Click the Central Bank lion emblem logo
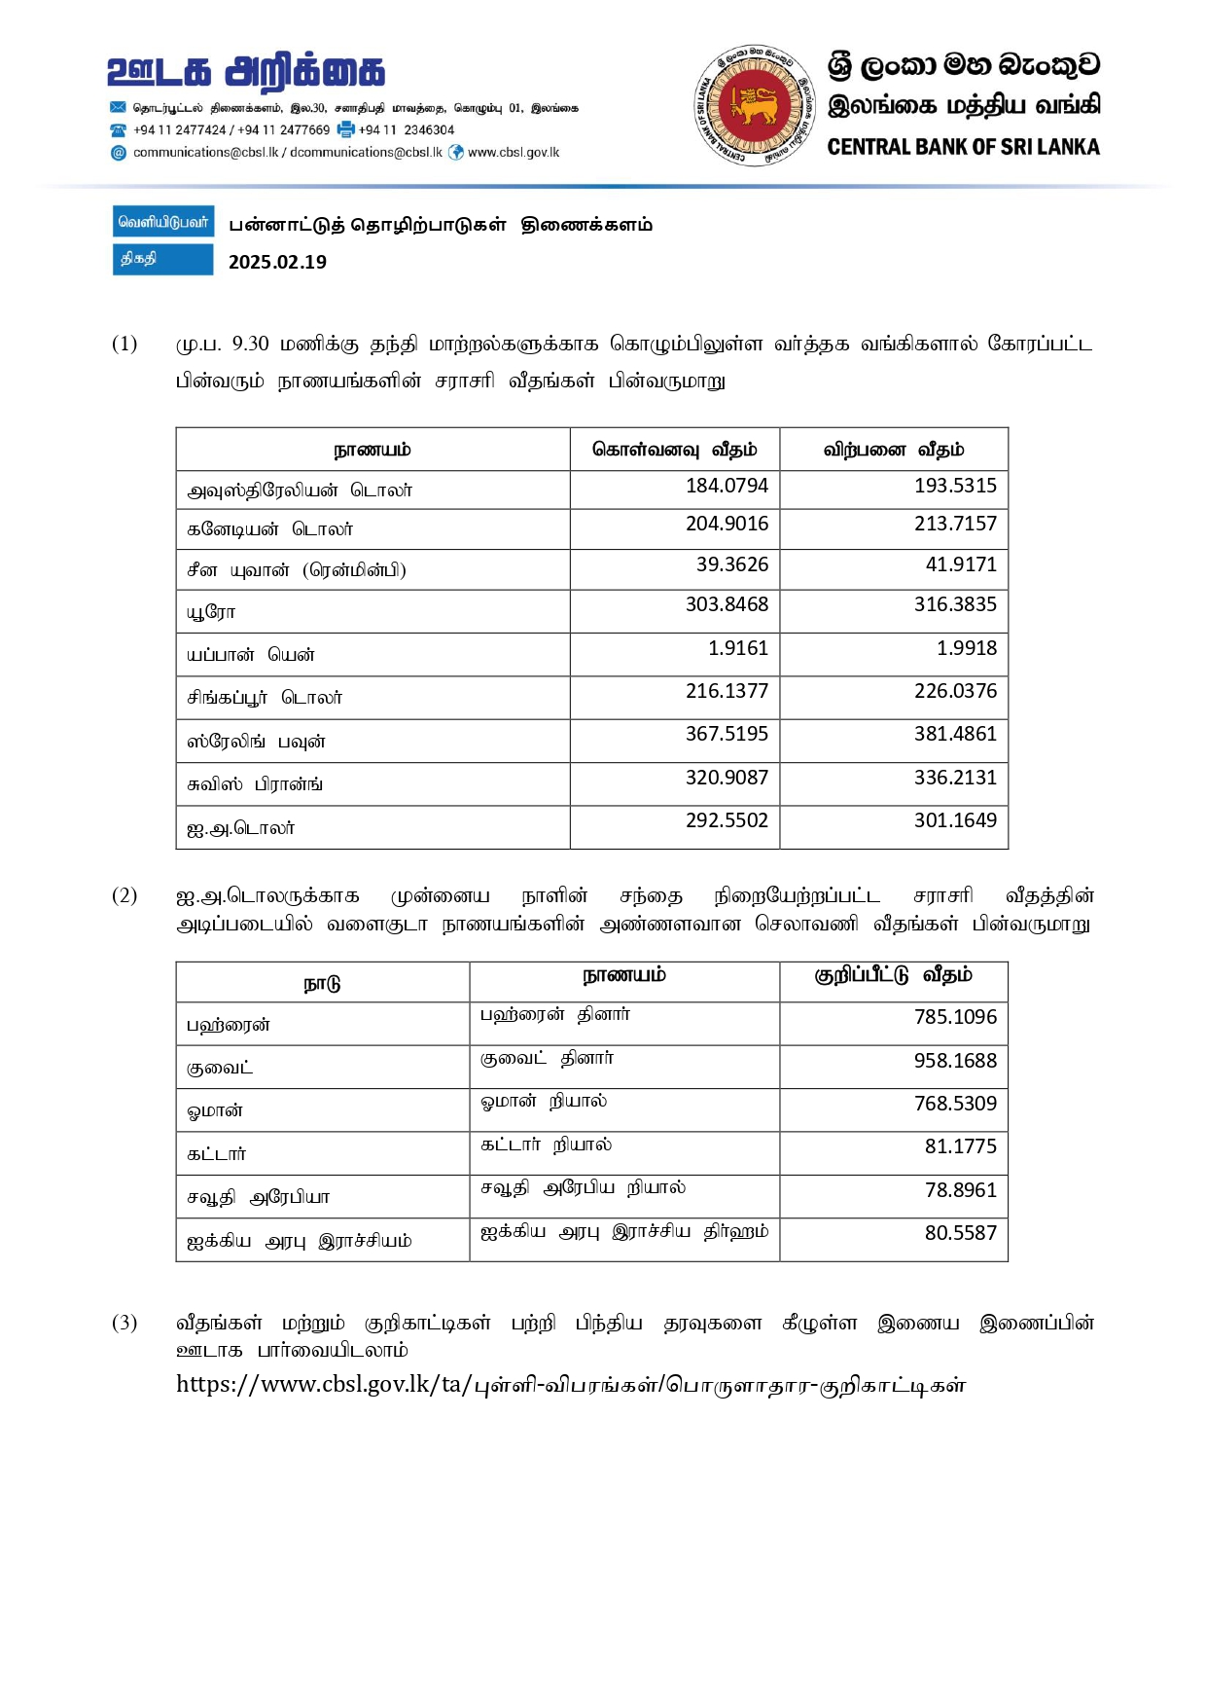tap(754, 105)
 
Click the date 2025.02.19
tap(277, 262)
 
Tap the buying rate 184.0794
tap(727, 486)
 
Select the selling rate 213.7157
tap(955, 524)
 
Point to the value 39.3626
tap(731, 564)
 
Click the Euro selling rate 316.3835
tap(955, 604)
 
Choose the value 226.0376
tap(955, 691)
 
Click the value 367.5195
tap(727, 734)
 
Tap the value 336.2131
tap(955, 778)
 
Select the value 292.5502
tap(727, 820)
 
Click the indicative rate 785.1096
tap(955, 1017)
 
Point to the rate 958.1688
tap(955, 1061)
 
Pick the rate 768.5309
tap(955, 1104)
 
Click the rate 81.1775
tap(960, 1146)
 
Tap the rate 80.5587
tap(960, 1233)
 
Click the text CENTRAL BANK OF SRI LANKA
tap(963, 147)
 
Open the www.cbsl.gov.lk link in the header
tap(514, 153)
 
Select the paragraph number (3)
tap(124, 1323)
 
